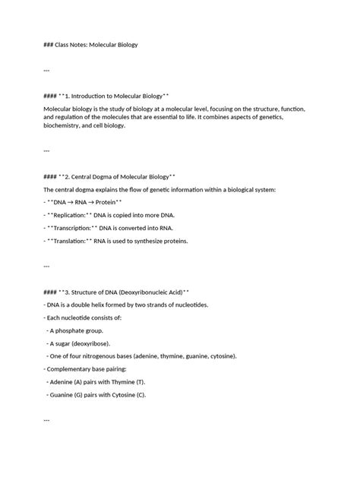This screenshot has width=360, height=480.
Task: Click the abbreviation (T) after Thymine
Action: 141,381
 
